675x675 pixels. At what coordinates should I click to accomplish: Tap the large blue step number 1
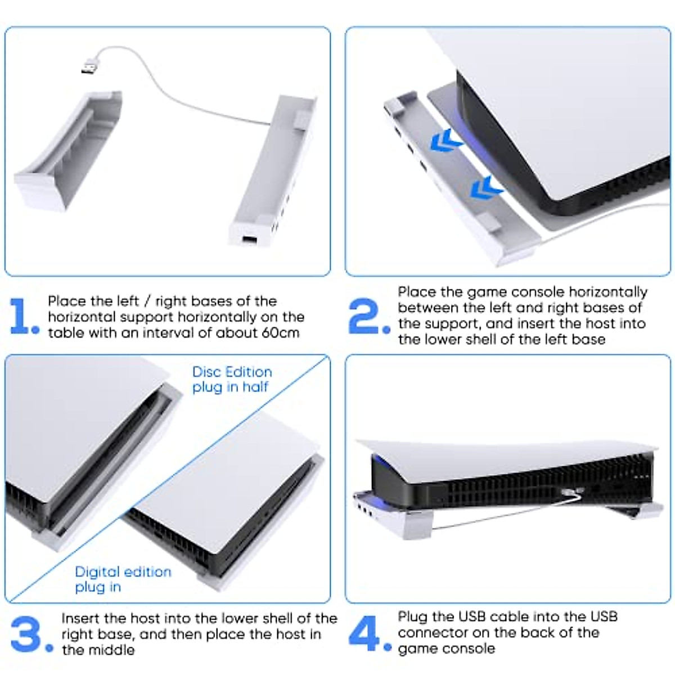pyautogui.click(x=23, y=317)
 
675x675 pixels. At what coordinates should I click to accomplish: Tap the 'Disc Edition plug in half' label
pyautogui.click(x=232, y=380)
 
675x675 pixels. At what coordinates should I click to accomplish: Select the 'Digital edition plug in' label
pyautogui.click(x=123, y=579)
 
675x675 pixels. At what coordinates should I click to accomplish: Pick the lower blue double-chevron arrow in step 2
pyautogui.click(x=486, y=187)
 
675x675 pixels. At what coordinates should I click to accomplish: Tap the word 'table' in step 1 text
pyautogui.click(x=65, y=332)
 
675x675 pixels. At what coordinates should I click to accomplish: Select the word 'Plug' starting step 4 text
pyautogui.click(x=412, y=616)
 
